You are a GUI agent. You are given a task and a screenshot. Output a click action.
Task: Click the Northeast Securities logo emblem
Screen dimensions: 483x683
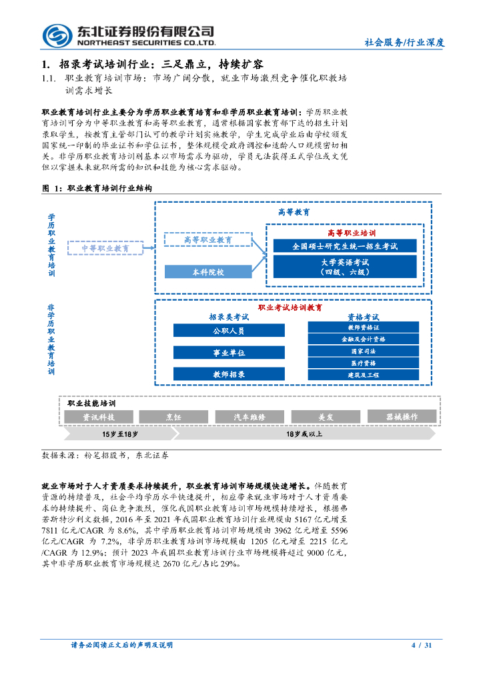click(57, 35)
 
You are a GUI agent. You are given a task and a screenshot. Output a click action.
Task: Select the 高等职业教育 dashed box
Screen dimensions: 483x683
click(207, 239)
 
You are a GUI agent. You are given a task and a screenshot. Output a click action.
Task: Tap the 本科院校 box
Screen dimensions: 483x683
click(207, 272)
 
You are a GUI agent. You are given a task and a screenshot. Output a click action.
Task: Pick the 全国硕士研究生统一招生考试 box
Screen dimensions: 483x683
click(344, 246)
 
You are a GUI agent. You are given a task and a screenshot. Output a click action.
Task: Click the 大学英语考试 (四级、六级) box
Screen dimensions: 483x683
click(344, 267)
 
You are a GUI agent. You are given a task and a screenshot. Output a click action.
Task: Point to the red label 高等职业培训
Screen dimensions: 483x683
click(352, 233)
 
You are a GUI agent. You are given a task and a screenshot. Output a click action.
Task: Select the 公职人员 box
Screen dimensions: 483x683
click(228, 330)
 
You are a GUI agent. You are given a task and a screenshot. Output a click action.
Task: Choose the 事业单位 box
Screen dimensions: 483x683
click(228, 352)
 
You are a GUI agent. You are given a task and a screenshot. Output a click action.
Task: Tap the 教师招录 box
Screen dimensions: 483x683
click(228, 374)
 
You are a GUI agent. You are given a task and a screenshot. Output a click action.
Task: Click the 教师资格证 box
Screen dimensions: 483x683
click(363, 327)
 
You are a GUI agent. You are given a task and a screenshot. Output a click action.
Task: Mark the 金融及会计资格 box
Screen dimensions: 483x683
click(363, 339)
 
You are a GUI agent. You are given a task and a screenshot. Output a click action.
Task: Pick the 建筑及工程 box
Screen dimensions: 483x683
click(363, 375)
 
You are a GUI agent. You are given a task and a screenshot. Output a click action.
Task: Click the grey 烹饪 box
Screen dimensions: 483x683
click(173, 416)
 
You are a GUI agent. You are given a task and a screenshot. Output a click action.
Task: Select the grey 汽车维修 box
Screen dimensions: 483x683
click(250, 416)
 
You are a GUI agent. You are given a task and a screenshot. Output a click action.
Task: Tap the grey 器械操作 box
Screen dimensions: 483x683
click(402, 416)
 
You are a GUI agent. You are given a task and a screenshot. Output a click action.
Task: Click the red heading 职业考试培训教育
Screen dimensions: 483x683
click(290, 307)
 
